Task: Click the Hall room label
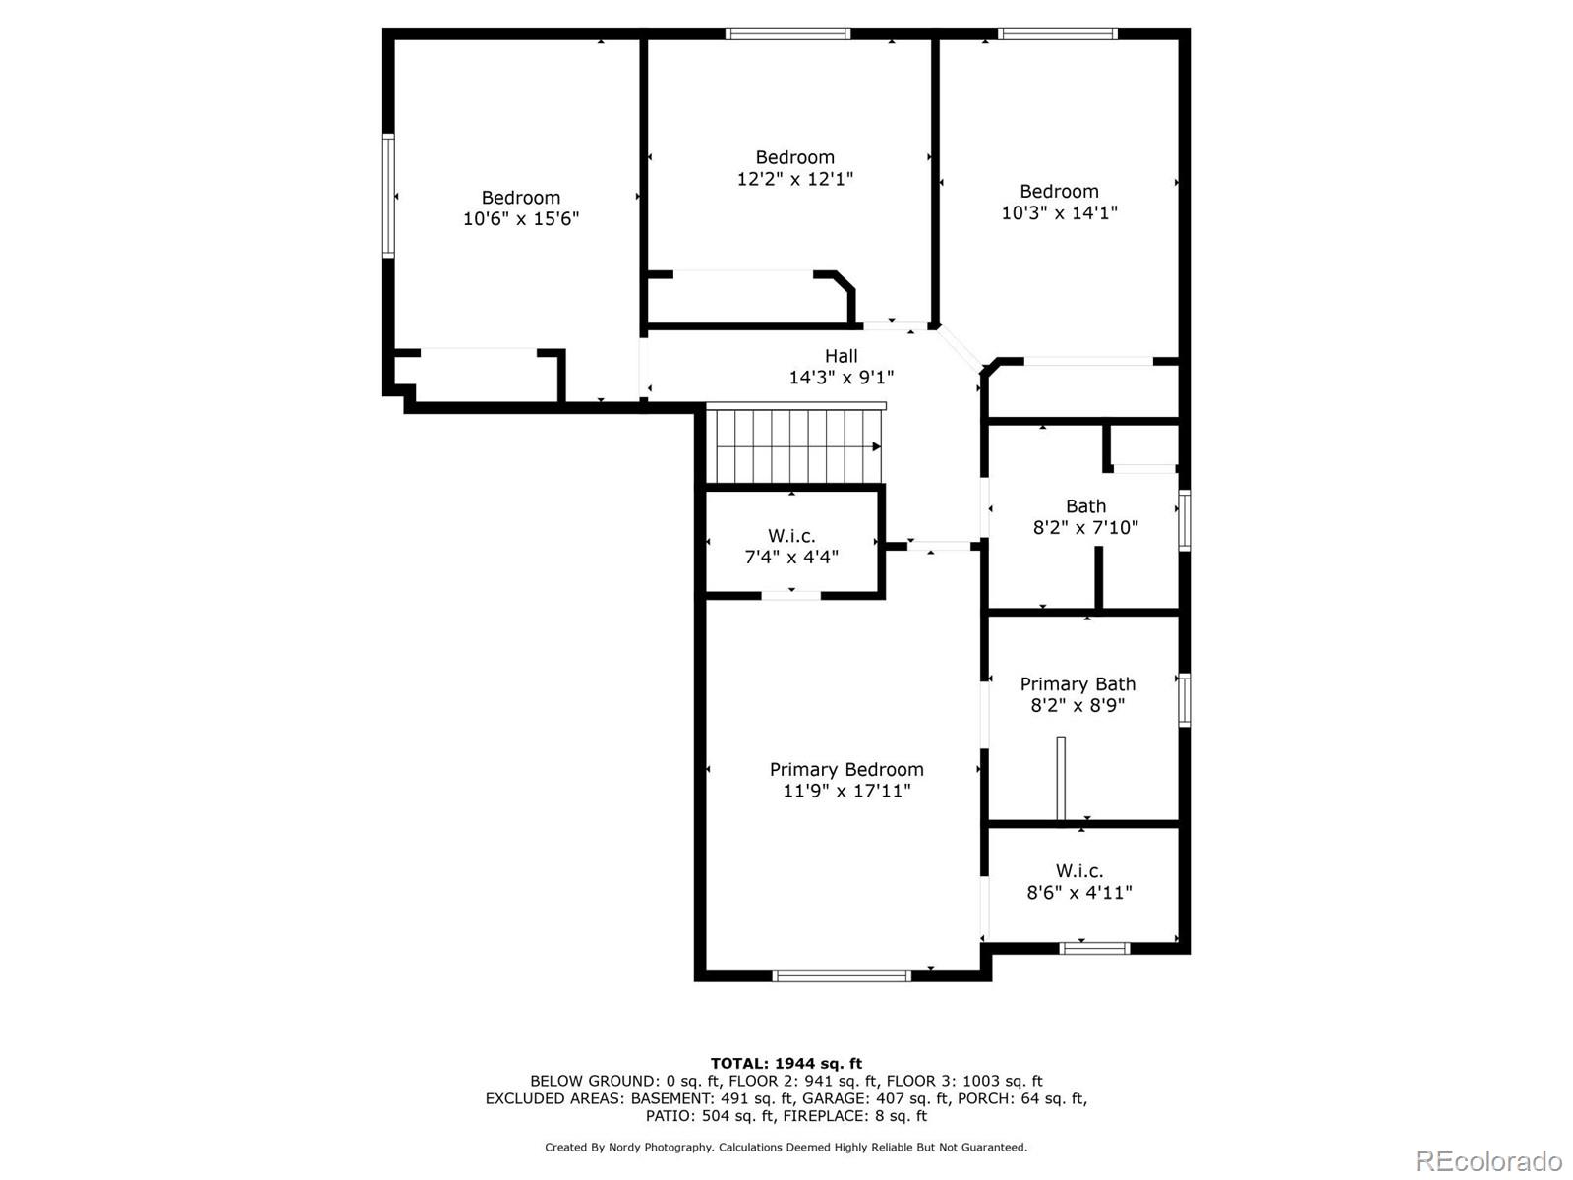(841, 356)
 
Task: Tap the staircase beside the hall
(794, 446)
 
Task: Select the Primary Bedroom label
(846, 769)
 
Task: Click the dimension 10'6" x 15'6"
(521, 218)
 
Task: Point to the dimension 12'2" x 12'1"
(794, 179)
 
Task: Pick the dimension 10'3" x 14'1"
(1059, 212)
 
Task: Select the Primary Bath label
(1078, 684)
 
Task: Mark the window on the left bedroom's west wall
(388, 196)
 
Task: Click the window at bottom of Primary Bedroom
(842, 975)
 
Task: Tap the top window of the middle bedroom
(787, 33)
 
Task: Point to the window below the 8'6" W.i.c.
(1094, 948)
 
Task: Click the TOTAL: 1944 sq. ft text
(786, 1063)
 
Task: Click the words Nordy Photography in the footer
(660, 1147)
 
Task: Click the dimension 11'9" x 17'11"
(846, 791)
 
